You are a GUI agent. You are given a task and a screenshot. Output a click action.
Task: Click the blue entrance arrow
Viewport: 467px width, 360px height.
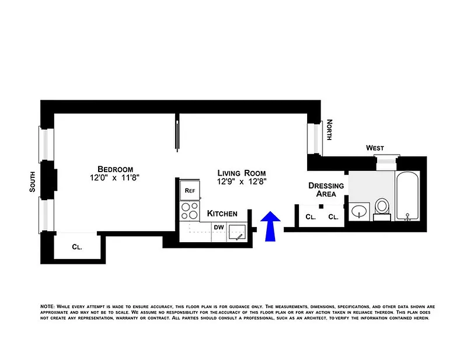point(270,226)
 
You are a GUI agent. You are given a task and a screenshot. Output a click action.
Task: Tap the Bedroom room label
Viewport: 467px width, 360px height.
point(115,169)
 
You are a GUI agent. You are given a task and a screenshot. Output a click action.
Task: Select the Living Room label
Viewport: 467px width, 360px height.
point(242,173)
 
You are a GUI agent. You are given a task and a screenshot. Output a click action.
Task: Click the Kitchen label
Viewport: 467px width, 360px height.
point(222,214)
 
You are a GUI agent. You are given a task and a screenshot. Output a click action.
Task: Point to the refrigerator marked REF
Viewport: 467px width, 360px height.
point(190,190)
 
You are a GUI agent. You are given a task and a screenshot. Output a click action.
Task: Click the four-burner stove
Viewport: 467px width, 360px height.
point(189,211)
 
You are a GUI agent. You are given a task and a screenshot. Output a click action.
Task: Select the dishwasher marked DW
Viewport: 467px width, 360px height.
point(219,232)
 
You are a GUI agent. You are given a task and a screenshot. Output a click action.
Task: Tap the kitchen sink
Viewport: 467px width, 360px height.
point(238,232)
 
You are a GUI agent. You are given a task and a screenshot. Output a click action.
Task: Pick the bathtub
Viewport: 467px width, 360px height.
point(407,196)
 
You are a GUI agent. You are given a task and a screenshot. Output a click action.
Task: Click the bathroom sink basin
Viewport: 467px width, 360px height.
point(359,211)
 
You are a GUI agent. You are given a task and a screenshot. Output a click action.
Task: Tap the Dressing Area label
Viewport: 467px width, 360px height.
point(326,190)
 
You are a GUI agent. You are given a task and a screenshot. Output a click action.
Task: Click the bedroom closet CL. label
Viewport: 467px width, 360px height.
point(77,247)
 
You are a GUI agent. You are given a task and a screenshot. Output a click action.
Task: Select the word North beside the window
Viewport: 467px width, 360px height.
point(329,130)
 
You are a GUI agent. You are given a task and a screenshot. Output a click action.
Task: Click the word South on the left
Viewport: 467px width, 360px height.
point(32,181)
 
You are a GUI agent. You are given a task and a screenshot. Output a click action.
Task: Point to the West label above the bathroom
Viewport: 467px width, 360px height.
point(375,148)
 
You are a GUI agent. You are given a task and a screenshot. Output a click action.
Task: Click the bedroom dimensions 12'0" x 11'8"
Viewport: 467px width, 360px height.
point(115,178)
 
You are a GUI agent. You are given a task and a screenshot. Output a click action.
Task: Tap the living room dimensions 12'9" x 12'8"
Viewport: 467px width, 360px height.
point(242,181)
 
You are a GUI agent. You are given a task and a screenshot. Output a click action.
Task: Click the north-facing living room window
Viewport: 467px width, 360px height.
point(315,138)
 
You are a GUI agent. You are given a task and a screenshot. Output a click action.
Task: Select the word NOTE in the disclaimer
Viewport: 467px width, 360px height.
point(47,306)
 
